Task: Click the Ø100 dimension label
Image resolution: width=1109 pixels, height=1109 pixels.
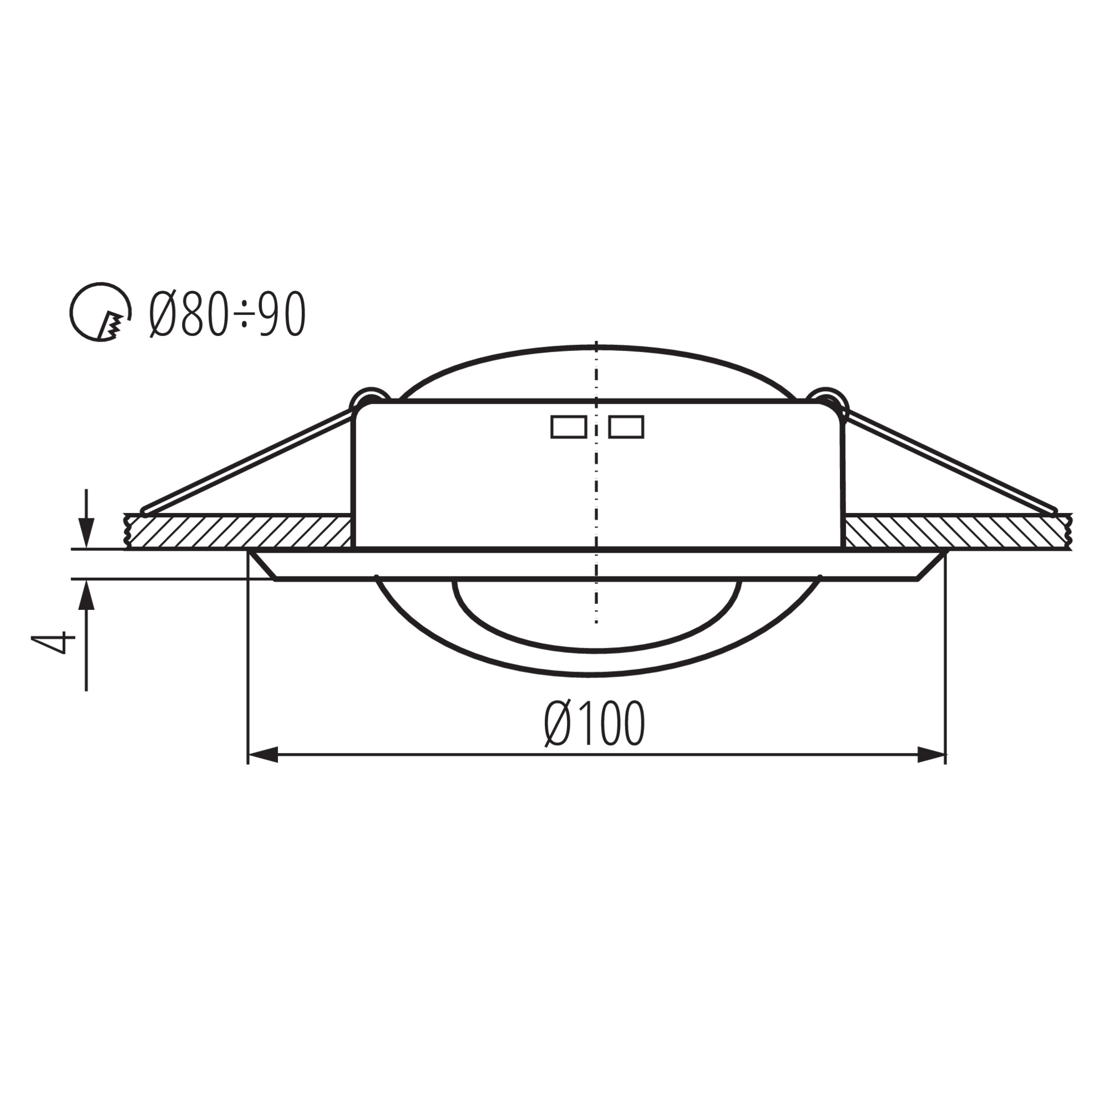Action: [x=594, y=724]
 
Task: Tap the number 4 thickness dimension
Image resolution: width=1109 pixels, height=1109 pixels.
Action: [x=54, y=642]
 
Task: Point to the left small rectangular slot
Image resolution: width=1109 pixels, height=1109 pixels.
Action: [x=569, y=427]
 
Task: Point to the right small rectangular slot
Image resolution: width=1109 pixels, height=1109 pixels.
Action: [x=626, y=427]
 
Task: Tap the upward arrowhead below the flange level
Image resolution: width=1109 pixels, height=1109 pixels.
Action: [x=86, y=595]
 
